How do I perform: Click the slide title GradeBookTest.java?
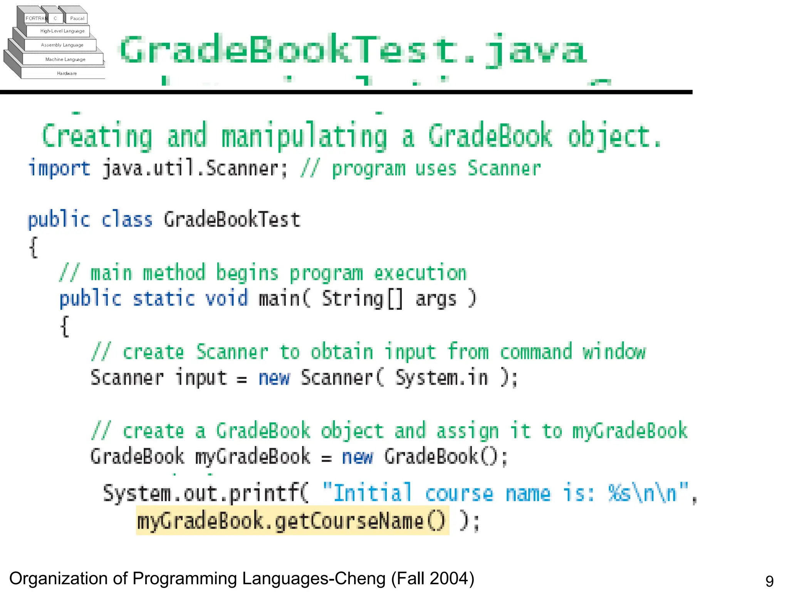(353, 50)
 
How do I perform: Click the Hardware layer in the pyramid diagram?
(67, 73)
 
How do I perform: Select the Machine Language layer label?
(65, 59)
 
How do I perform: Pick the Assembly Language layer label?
(62, 45)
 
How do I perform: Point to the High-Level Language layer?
(62, 31)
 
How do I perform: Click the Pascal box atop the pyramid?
(77, 18)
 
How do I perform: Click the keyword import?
(59, 169)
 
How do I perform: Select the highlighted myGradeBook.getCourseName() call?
(292, 521)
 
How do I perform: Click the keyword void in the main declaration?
(227, 299)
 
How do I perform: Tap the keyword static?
(164, 299)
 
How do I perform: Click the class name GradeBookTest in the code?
(232, 220)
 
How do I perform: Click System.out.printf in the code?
(205, 493)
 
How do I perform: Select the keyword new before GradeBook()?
(357, 457)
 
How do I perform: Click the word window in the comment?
(614, 352)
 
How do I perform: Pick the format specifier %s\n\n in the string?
(643, 493)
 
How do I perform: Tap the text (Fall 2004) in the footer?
(433, 579)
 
